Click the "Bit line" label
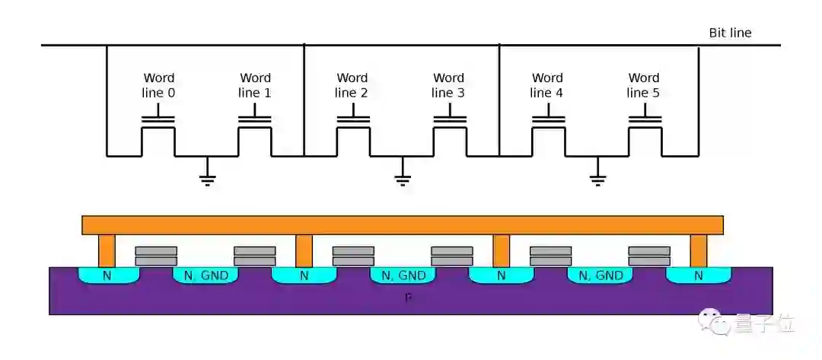pos(730,33)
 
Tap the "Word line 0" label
pos(158,85)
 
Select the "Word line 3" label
pos(448,85)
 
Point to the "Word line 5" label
pos(643,85)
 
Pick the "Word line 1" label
pos(255,85)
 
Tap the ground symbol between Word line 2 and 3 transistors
pos(403,177)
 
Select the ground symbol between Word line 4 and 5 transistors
pos(597,177)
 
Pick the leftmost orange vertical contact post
pos(107,250)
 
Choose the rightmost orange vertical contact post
pos(698,250)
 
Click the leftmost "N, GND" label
pos(205,276)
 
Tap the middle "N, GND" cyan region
pos(403,276)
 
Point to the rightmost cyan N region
pos(698,276)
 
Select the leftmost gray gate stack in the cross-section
pos(156,256)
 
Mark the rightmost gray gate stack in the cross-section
pos(649,256)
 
